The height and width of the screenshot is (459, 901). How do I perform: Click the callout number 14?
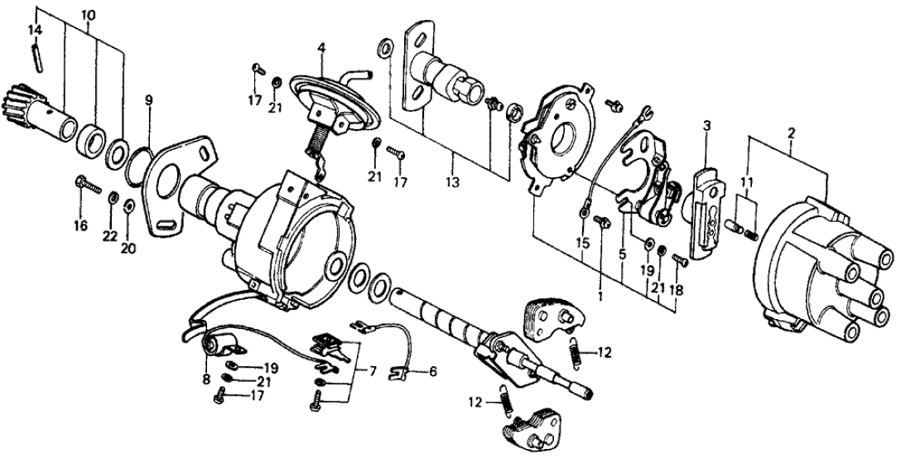coord(35,30)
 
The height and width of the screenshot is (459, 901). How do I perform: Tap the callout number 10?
coord(89,16)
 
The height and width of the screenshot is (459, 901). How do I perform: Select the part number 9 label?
coord(148,100)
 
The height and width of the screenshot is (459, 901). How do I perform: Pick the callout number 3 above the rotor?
coord(706,126)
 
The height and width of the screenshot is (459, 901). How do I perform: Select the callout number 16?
coord(80,225)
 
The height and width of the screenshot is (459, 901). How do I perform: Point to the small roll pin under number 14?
coord(36,60)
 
